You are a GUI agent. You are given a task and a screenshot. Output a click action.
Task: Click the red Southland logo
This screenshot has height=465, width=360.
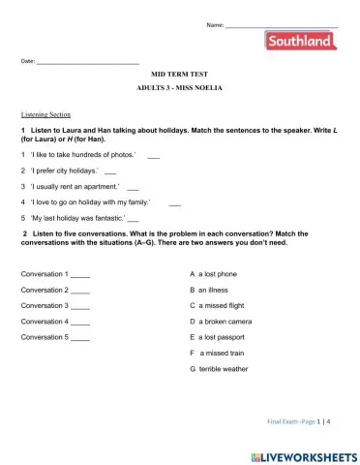pyautogui.click(x=300, y=41)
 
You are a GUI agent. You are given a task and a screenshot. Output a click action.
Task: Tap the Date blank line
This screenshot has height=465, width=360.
pyautogui.click(x=88, y=63)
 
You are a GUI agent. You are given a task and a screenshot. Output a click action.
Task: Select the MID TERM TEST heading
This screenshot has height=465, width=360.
pyautogui.click(x=179, y=74)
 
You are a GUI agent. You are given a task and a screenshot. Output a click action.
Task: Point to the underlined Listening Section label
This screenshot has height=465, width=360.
pyautogui.click(x=45, y=114)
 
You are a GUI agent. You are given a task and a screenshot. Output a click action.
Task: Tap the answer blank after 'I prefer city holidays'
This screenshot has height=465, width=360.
pyautogui.click(x=110, y=171)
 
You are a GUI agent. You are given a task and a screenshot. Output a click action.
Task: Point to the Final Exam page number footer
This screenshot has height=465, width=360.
pyautogui.click(x=299, y=422)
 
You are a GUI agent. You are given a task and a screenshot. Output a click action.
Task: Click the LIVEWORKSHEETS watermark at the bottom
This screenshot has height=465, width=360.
pyautogui.click(x=303, y=454)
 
